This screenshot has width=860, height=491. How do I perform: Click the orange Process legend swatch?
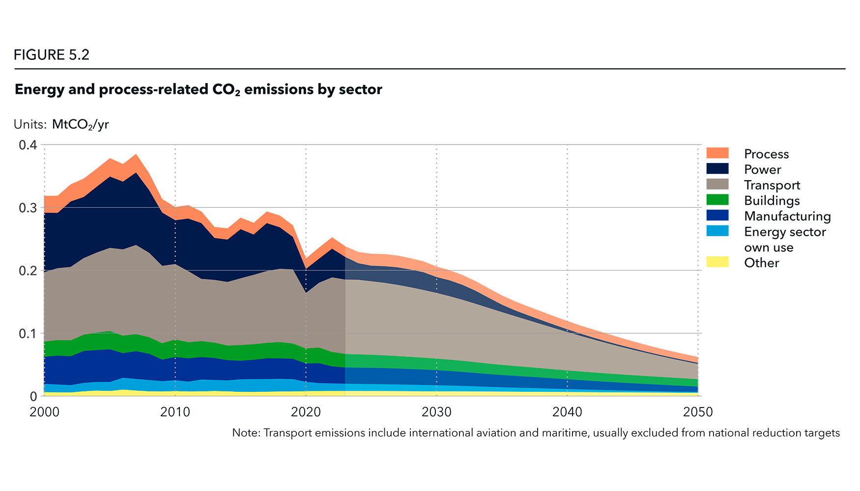[721, 134]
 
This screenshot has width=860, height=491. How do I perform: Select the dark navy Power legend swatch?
[721, 168]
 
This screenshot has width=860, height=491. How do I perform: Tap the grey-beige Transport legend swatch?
[721, 184]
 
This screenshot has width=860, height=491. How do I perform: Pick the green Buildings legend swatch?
[721, 199]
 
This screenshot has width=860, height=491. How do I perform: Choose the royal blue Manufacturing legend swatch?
[721, 215]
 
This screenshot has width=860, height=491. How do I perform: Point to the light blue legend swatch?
[721, 234]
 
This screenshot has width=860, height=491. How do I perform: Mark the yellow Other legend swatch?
[721, 270]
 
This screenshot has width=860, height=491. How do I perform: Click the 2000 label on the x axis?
[44, 409]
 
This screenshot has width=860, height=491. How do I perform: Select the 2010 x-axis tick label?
[175, 409]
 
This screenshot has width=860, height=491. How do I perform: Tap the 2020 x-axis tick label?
[306, 409]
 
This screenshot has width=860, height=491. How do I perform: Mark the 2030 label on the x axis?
[437, 409]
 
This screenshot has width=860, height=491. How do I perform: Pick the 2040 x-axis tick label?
[568, 409]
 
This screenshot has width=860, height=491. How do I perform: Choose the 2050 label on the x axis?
[698, 409]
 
